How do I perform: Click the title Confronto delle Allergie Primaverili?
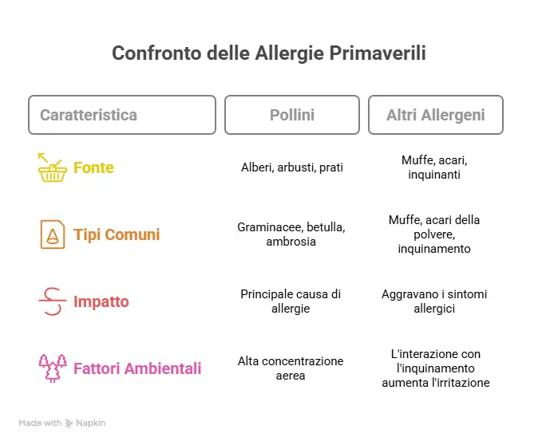pyautogui.click(x=268, y=53)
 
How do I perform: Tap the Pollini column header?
pyautogui.click(x=291, y=115)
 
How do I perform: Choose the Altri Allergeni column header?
pyautogui.click(x=435, y=115)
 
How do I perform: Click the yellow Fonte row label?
pyautogui.click(x=93, y=167)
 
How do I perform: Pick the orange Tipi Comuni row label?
pyautogui.click(x=117, y=234)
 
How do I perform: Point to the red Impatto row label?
pyautogui.click(x=101, y=301)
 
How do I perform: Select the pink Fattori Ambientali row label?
pyautogui.click(x=137, y=368)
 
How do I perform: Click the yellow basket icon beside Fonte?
pyautogui.click(x=52, y=167)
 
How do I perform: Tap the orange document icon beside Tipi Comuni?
pyautogui.click(x=52, y=234)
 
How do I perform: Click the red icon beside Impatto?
pyautogui.click(x=52, y=301)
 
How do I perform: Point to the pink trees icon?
pyautogui.click(x=52, y=368)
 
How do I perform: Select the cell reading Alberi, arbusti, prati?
pyautogui.click(x=291, y=167)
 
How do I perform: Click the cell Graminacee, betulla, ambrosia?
pyautogui.click(x=291, y=234)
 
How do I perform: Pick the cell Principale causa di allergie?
pyautogui.click(x=291, y=301)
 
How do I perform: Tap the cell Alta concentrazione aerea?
pyautogui.click(x=291, y=368)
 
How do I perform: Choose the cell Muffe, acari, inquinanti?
pyautogui.click(x=435, y=167)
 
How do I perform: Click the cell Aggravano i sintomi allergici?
pyautogui.click(x=435, y=301)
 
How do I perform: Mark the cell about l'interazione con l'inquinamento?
pyautogui.click(x=435, y=368)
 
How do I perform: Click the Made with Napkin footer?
pyautogui.click(x=62, y=423)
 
